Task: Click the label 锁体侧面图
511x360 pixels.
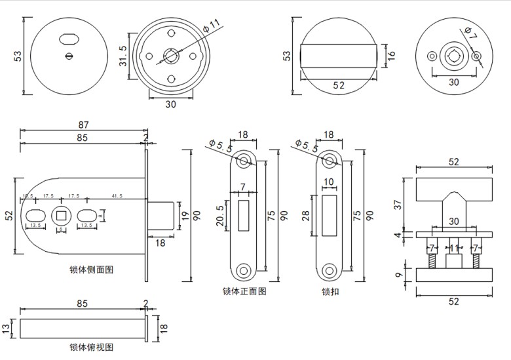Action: pos(91,270)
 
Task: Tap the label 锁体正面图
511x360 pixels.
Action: pos(244,292)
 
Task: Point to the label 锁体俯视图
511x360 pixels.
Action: pos(91,347)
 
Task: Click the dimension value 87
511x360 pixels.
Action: pos(83,125)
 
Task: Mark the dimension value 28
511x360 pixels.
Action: pos(307,214)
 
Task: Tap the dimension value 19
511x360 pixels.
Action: pos(185,214)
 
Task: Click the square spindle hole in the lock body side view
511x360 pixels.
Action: pos(63,214)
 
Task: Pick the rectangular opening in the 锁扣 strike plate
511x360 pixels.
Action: pos(328,214)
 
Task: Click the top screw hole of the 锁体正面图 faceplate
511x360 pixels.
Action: pos(244,160)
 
